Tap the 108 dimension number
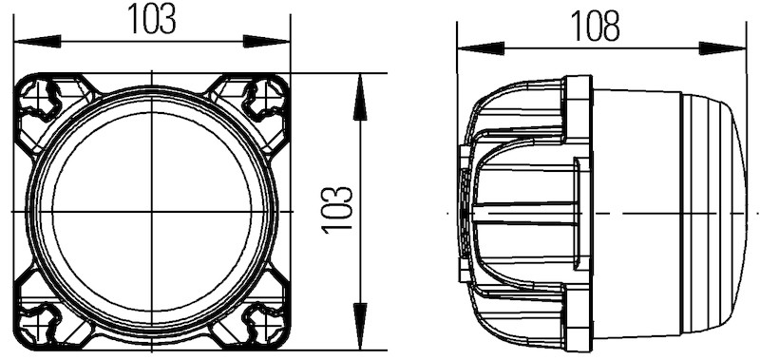click(x=596, y=26)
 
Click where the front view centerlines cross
click(x=152, y=211)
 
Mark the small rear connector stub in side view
click(x=464, y=211)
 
